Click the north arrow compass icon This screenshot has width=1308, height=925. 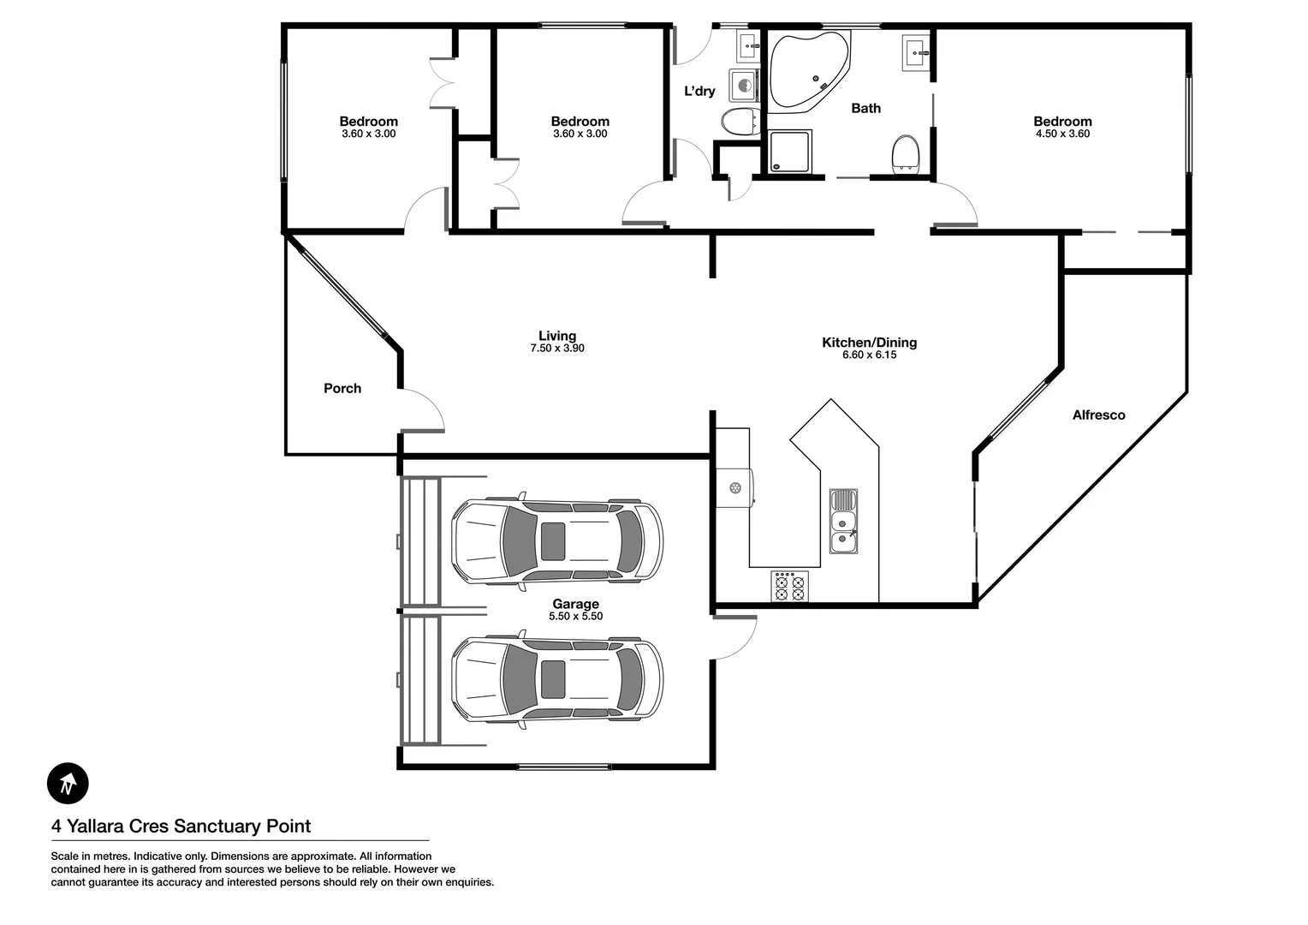pos(68,783)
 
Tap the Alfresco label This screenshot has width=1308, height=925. pos(1098,415)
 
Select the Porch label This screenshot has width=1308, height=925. pos(342,389)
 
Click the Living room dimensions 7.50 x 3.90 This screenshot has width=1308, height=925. pos(557,349)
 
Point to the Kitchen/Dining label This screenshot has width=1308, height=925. pos(869,343)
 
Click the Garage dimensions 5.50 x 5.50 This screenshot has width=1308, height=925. pos(575,617)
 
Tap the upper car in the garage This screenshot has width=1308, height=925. pos(557,541)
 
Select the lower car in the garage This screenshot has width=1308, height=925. pos(557,680)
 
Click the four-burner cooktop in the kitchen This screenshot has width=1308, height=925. pos(789,587)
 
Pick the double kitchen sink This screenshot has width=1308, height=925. pos(843,522)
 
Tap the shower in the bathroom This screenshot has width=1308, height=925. pos(789,152)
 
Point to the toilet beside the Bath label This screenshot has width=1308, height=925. pos(905,155)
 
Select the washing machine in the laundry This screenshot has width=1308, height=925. pos(744,87)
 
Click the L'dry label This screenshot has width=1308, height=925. pos(699,92)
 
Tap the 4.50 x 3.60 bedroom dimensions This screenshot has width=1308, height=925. pos(1062,134)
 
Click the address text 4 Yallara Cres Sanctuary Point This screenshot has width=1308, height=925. pos(181,827)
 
